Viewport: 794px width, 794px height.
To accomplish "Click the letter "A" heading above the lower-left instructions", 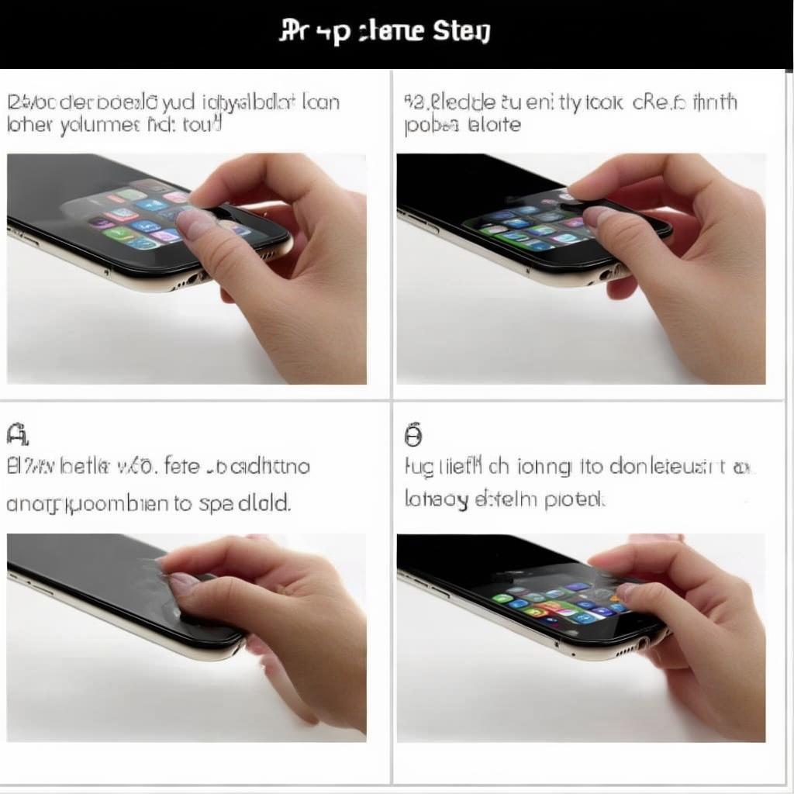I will (x=18, y=434).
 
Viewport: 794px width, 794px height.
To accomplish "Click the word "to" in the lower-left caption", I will (x=183, y=502).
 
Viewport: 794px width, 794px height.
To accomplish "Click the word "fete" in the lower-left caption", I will (x=185, y=466).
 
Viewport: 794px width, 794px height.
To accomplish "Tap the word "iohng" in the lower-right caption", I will (x=540, y=468).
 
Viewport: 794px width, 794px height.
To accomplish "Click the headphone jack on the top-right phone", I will (x=606, y=275).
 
